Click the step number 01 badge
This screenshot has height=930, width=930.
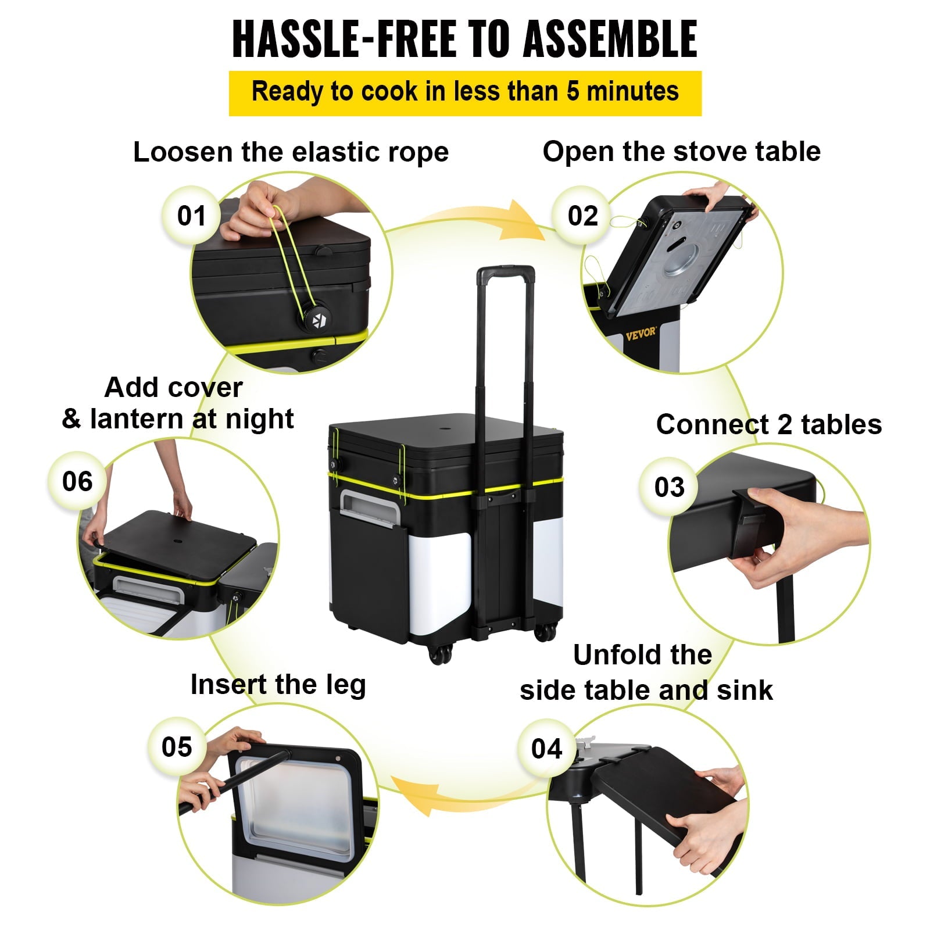pyautogui.click(x=191, y=216)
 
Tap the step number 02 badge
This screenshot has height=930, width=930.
pyautogui.click(x=582, y=216)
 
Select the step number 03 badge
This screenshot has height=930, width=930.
pyautogui.click(x=669, y=487)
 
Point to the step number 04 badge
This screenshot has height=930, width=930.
pyautogui.click(x=546, y=748)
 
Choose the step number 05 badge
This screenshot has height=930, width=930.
pyautogui.click(x=177, y=747)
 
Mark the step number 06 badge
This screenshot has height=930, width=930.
pyautogui.click(x=77, y=481)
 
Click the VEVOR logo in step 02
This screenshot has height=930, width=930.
pyautogui.click(x=641, y=334)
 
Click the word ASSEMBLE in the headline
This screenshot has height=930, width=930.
pyautogui.click(x=610, y=40)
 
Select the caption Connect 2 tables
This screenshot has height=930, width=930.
pyautogui.click(x=768, y=424)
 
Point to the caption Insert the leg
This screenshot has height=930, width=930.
pyautogui.click(x=278, y=684)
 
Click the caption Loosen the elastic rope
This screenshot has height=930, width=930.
pyautogui.click(x=291, y=152)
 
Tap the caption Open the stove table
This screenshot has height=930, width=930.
pyautogui.click(x=681, y=152)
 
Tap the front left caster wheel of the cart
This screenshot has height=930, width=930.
pyautogui.click(x=439, y=654)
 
